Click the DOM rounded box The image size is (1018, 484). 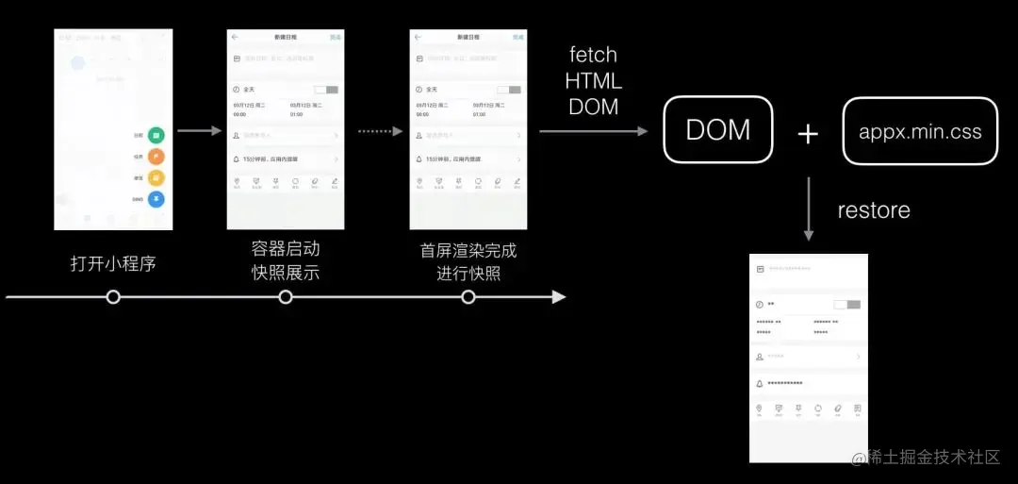(x=718, y=130)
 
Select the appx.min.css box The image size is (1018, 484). (x=920, y=132)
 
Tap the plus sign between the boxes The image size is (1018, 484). (x=808, y=134)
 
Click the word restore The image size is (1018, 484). (x=874, y=209)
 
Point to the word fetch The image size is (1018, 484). (x=594, y=56)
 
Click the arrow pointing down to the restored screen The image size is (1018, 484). (x=808, y=213)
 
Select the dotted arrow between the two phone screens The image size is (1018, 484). (x=381, y=131)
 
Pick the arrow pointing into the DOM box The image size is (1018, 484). (x=594, y=131)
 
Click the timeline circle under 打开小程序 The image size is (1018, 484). (x=113, y=297)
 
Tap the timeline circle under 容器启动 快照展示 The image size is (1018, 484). (x=286, y=297)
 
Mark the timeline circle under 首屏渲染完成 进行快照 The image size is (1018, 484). (x=468, y=297)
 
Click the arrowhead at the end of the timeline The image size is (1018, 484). (x=559, y=297)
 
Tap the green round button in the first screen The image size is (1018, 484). (x=156, y=136)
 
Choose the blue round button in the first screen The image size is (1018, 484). (x=156, y=199)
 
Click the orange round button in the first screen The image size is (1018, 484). (x=156, y=157)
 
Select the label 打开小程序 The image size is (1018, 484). (x=113, y=264)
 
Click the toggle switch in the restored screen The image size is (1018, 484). (x=847, y=305)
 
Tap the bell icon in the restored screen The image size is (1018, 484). (x=760, y=384)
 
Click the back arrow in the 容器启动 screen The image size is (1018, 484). (x=235, y=37)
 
